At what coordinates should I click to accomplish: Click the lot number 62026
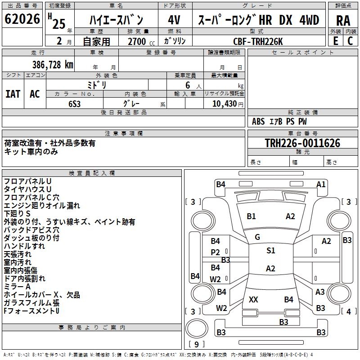pos(22,19)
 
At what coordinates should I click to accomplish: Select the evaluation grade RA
pos(343,21)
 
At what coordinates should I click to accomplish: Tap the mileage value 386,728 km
pos(53,65)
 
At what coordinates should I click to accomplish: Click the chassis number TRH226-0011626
pos(302,143)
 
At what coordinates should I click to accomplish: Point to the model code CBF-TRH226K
pos(258,41)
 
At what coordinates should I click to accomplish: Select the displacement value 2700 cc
pos(141,41)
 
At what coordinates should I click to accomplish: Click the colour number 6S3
pos(74,104)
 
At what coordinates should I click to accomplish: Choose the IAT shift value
pos(13,94)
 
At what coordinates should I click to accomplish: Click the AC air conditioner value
pos(35,94)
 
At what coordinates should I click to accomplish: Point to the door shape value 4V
pos(174,20)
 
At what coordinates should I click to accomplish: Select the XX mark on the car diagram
pos(253,299)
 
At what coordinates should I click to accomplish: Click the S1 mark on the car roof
pos(271,250)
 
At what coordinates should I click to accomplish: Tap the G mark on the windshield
pos(257,237)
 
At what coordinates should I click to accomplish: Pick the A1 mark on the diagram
pos(321,184)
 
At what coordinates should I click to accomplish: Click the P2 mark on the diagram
pos(216,252)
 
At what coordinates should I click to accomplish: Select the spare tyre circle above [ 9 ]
pos(197,328)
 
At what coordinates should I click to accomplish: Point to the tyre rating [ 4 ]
pos(349,311)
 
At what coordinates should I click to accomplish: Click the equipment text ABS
pos(258,121)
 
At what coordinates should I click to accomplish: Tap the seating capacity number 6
pos(188,85)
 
